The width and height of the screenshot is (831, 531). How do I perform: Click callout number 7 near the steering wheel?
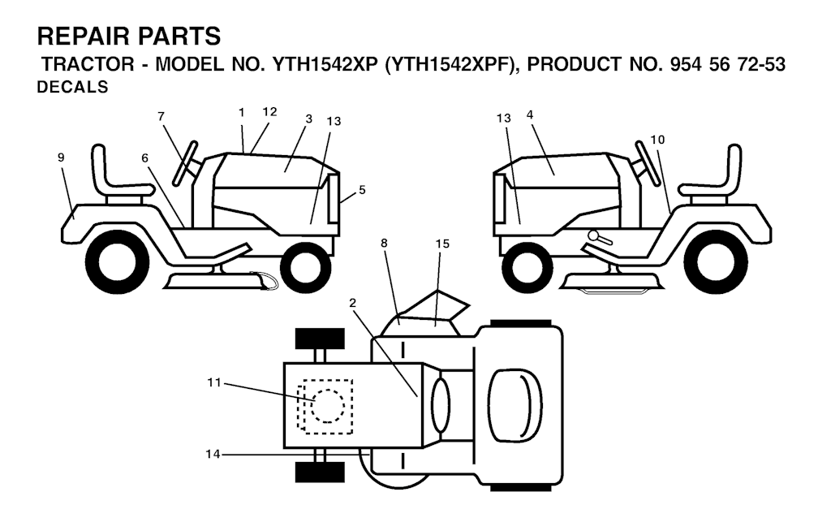coord(161,117)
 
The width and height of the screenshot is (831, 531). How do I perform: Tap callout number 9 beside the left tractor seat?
coord(61,157)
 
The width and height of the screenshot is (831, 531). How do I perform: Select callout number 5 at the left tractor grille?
coord(362,189)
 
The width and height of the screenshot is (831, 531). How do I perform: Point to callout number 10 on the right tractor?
coord(657,140)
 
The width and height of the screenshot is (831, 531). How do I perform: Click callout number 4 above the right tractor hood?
coord(530,114)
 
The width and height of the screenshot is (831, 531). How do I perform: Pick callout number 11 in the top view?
coord(213,382)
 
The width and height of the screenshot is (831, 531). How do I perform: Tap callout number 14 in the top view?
coord(213,454)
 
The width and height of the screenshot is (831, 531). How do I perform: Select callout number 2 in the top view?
coord(352,303)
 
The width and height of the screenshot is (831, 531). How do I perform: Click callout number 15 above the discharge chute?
coord(442,244)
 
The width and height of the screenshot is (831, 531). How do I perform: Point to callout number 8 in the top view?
coord(384,243)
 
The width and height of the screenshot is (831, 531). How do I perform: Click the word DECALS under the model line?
coord(72,87)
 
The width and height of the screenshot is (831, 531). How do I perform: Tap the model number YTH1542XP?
coord(325,64)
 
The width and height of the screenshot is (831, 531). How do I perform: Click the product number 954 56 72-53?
coord(728,64)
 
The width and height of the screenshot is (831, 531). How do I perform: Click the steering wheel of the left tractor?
coord(186,163)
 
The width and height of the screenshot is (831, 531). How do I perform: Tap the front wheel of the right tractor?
coord(527,266)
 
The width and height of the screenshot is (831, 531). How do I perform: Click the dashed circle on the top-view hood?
coord(328,406)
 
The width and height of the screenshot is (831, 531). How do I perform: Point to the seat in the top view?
coord(515,406)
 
